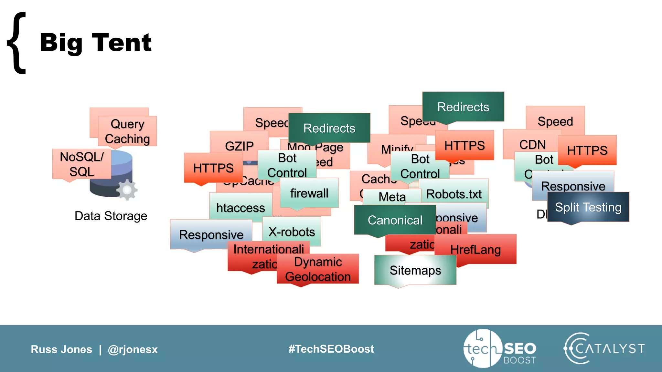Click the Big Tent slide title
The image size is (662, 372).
coord(95,43)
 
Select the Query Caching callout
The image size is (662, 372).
coord(127,131)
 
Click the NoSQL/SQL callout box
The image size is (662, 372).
coord(81,164)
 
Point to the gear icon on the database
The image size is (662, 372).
coord(127,190)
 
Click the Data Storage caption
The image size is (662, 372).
coord(111,216)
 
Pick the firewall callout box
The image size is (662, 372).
coord(309,193)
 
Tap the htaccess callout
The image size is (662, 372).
coord(240,208)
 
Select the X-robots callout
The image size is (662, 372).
coord(292,232)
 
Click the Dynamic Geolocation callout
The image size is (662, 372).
coord(318,269)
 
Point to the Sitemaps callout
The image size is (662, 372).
coord(415,270)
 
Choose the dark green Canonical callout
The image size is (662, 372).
coord(395,220)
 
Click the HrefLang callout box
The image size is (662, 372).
coord(475,249)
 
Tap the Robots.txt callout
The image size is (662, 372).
coord(454,194)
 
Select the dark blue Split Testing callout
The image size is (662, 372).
coord(588,207)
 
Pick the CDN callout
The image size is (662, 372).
coord(532,144)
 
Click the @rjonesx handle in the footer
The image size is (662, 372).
coord(133,349)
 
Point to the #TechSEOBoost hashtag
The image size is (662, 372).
coord(331,349)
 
